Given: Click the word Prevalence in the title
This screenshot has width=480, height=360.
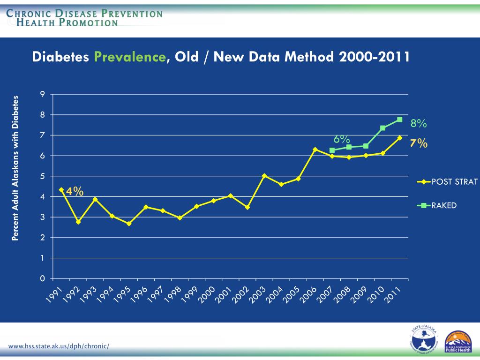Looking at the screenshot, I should pos(129,57).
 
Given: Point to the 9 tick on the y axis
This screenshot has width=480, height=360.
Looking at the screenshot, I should pos(43,94).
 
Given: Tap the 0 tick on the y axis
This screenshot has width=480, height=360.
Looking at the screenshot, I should pos(43,279).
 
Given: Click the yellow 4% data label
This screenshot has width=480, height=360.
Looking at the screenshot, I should pos(75,191).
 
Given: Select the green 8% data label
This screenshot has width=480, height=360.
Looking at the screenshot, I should pos(418,124).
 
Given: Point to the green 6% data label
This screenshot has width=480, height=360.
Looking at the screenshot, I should pos(342,139).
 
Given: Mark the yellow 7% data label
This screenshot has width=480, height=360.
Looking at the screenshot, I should pos(418,143).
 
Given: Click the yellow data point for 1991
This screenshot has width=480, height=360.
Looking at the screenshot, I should pos(61,190).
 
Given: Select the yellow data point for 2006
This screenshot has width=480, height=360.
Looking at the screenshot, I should pos(315,150).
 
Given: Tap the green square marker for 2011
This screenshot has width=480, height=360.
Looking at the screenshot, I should pos(399,120).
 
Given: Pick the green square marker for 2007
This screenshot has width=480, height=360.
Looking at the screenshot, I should pos(332,150).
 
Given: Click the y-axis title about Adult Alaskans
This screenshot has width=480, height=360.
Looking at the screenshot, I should pos(15,168).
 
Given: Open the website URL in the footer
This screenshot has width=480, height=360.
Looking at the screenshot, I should pos(59,346).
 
